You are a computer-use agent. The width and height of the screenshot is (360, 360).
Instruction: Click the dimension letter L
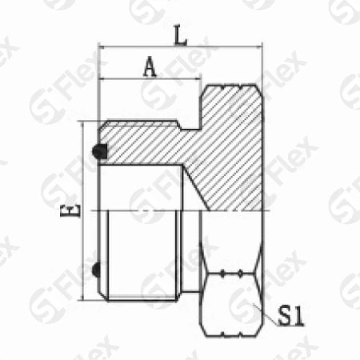tap(180, 35)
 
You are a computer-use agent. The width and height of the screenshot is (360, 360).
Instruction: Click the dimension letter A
tap(150, 66)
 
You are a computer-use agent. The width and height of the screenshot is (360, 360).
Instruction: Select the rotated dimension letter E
tap(70, 210)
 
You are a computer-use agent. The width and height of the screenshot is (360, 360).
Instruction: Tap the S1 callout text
tap(290, 316)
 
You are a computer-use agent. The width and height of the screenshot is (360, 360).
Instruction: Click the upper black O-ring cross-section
tap(100, 151)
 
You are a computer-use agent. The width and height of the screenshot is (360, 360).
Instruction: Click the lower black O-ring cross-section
tap(96, 270)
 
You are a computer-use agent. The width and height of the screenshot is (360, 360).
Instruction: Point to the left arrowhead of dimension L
tap(102, 47)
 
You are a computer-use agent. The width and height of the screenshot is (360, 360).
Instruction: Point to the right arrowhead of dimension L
tap(259, 47)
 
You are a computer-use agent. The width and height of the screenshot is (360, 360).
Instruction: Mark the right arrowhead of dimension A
tap(197, 78)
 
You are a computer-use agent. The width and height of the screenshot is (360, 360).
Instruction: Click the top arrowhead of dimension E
tap(83, 126)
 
